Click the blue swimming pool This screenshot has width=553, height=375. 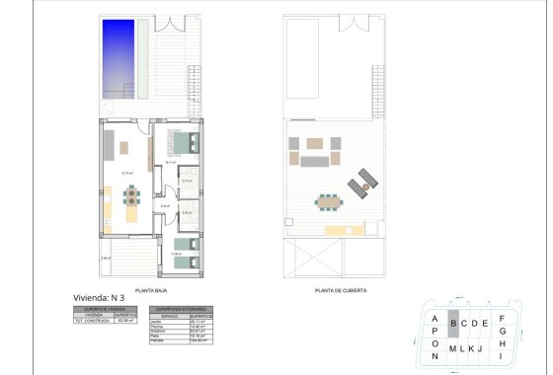pos(118,58)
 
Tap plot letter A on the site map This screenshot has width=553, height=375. pos(434,318)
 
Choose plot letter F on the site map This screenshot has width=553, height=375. pos(502,318)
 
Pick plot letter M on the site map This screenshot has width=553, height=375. pos(452,348)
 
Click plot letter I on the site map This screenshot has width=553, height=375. pos(502,355)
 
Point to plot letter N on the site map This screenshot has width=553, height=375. pos(434,355)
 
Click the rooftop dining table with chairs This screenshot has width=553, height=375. pos(326,204)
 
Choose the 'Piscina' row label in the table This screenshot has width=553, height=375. pos(158,327)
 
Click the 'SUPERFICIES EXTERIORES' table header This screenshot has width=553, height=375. pos(179,309)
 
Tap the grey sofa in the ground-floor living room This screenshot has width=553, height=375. pos(106,149)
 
